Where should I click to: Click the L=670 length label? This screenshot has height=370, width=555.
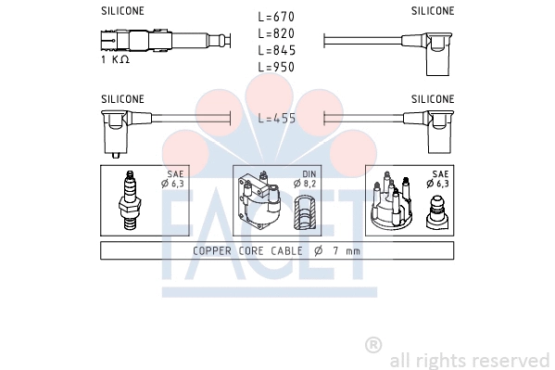point(276,17)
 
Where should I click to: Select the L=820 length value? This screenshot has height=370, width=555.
point(276,33)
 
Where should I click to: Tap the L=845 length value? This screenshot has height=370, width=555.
point(276,50)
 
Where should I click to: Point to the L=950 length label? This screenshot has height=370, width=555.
point(276,67)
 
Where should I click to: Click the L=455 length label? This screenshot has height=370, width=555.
point(276,118)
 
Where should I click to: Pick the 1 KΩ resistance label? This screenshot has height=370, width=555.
point(115,59)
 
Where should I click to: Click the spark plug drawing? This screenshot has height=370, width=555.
point(129,198)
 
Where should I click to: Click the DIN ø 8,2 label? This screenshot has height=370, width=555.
point(308,179)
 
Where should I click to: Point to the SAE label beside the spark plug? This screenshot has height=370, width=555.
point(175,173)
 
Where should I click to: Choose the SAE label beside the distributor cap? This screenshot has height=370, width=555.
point(439,173)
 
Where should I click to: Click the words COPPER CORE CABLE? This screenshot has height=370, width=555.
point(244,250)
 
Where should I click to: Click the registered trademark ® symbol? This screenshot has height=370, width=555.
point(373,344)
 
